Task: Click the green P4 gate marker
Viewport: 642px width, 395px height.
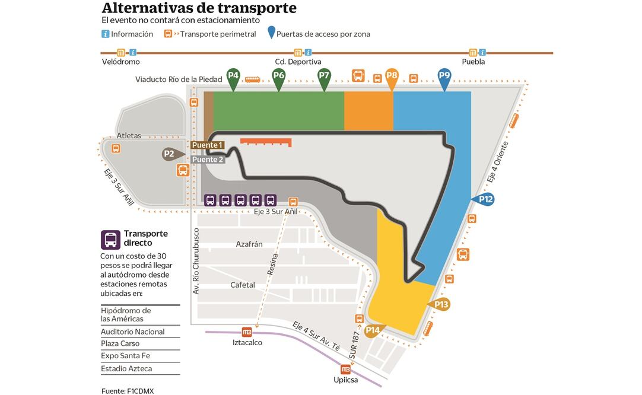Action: pyautogui.click(x=234, y=77)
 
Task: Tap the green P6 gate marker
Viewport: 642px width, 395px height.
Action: pyautogui.click(x=279, y=77)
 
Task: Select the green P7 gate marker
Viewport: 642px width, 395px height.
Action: pyautogui.click(x=324, y=77)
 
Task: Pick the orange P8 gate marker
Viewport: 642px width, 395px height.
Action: pyautogui.click(x=392, y=77)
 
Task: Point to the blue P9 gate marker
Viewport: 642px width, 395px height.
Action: pyautogui.click(x=444, y=77)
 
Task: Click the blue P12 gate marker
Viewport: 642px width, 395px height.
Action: pyautogui.click(x=485, y=200)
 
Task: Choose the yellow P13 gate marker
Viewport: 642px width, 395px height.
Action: pyautogui.click(x=440, y=305)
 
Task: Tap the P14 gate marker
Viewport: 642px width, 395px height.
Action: pyautogui.click(x=374, y=330)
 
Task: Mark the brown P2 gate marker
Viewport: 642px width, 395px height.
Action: pyautogui.click(x=171, y=154)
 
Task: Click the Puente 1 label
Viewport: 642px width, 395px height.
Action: pyautogui.click(x=207, y=145)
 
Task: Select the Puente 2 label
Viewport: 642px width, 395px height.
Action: pyautogui.click(x=208, y=159)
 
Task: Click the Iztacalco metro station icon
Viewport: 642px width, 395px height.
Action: pyautogui.click(x=247, y=332)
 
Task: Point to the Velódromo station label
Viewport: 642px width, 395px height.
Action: pyautogui.click(x=120, y=62)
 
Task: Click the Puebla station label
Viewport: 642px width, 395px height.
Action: pyautogui.click(x=473, y=62)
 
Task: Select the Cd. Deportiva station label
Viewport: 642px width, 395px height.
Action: pyautogui.click(x=298, y=62)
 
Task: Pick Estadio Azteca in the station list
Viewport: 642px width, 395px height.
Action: pyautogui.click(x=126, y=368)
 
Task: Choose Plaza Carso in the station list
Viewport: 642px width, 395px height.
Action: pyautogui.click(x=120, y=343)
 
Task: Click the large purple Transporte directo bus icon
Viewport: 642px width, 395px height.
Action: pyautogui.click(x=110, y=240)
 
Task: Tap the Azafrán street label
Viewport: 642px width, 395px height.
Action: pyautogui.click(x=249, y=244)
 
